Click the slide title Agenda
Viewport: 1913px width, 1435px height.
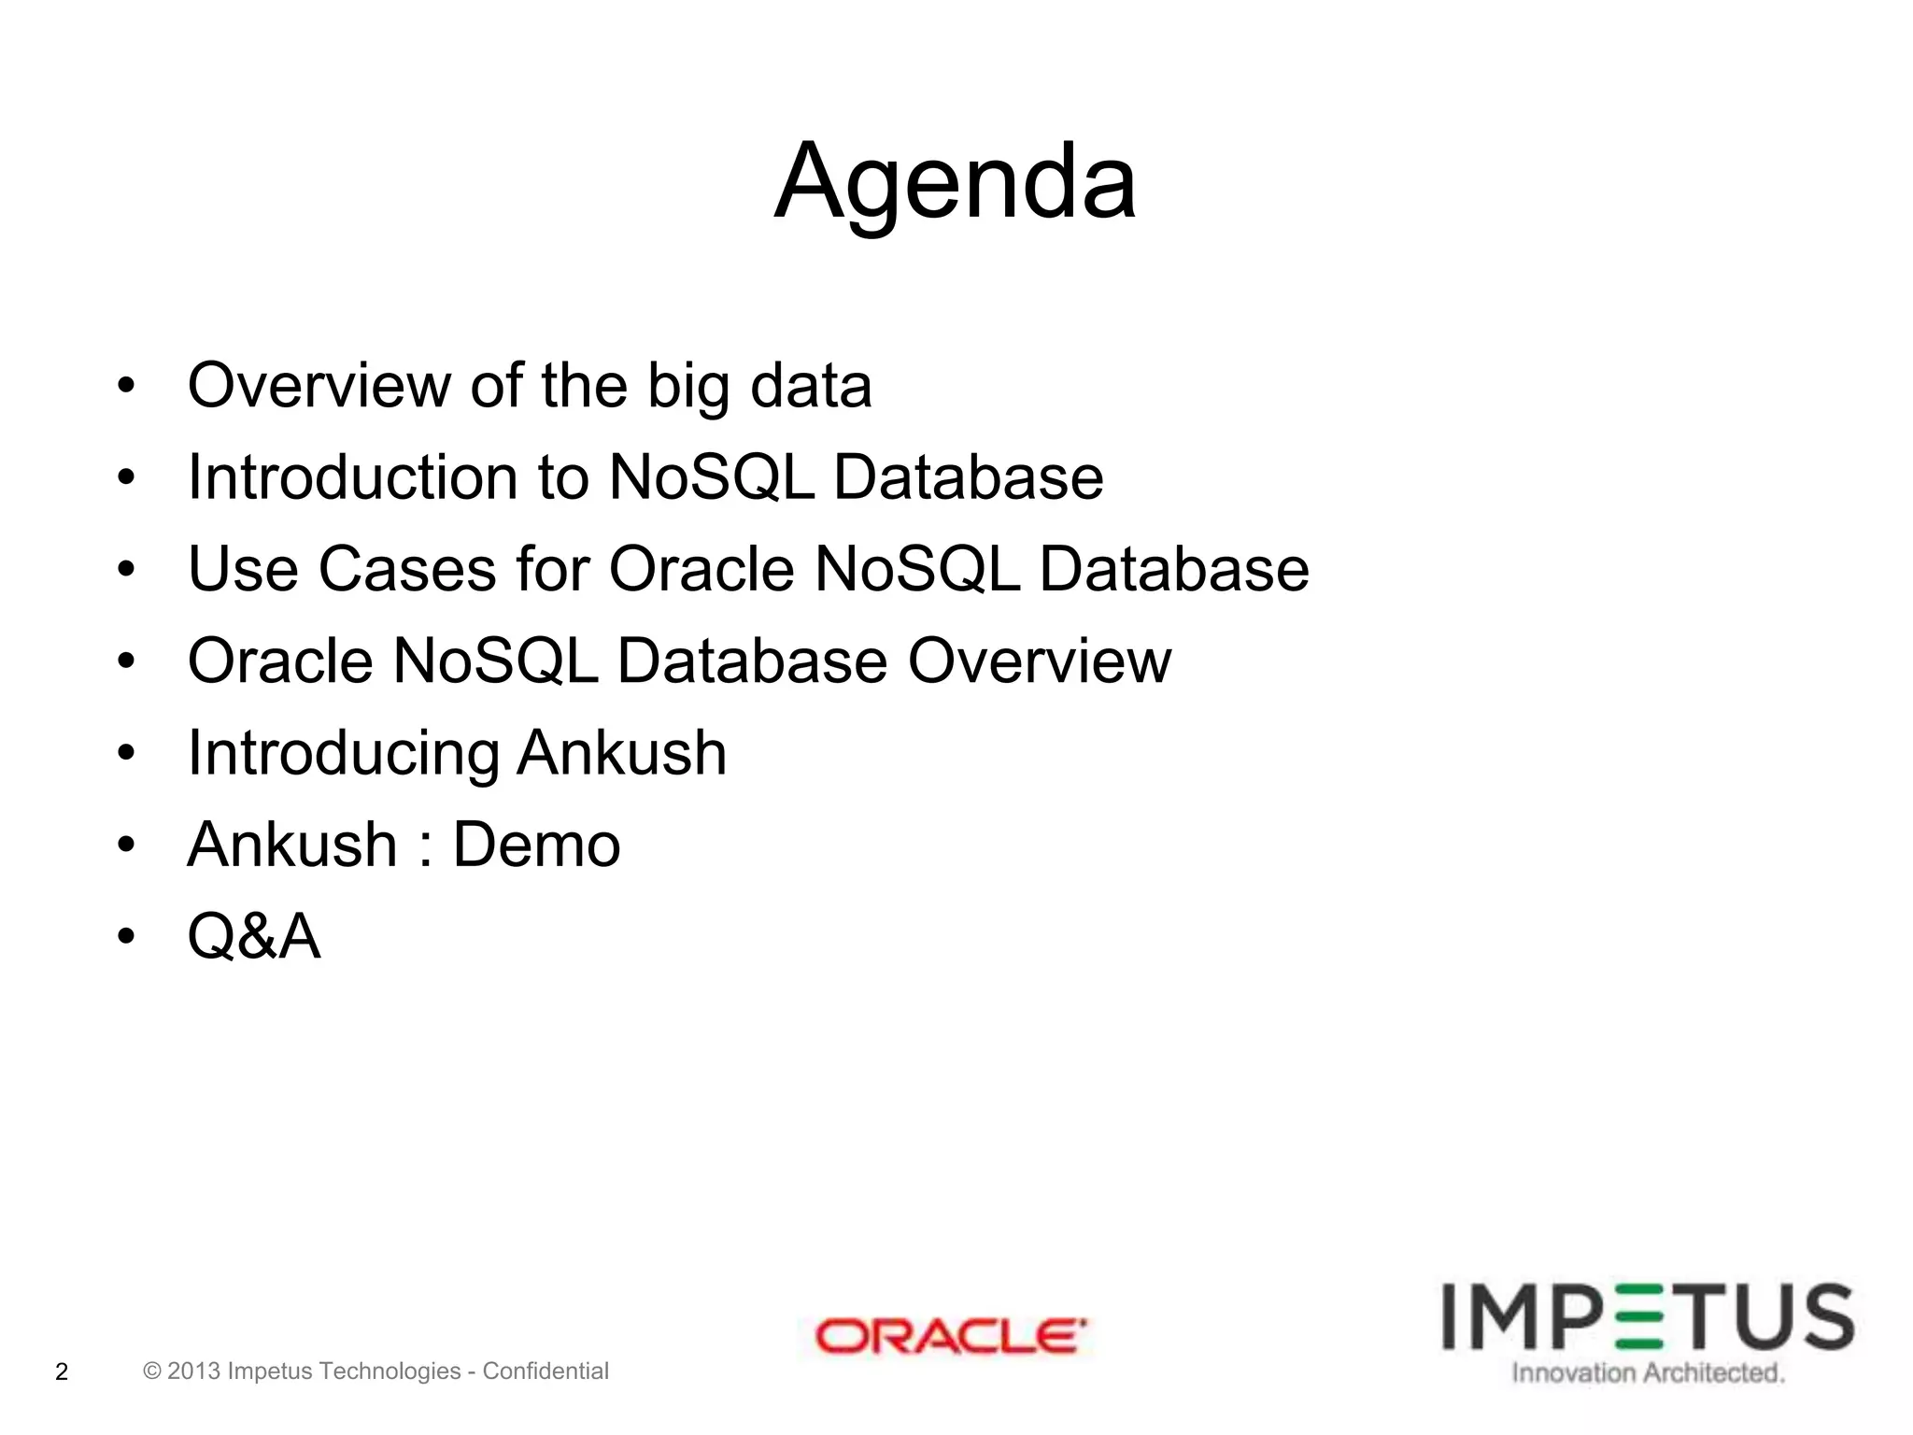[955, 182]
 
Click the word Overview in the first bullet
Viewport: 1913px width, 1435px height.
[318, 386]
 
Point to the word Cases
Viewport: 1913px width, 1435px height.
[407, 569]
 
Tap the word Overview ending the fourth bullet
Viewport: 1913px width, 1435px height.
[1039, 661]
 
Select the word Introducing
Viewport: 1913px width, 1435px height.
[343, 754]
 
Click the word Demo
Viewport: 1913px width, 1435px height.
[536, 845]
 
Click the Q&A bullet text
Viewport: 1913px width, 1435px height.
[254, 936]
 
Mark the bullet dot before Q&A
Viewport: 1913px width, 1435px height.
[126, 936]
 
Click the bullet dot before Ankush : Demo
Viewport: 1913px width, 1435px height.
[126, 845]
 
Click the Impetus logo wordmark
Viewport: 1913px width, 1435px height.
[1648, 1317]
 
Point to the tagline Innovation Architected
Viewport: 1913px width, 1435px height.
[1648, 1372]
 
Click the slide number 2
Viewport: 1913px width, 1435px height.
[62, 1371]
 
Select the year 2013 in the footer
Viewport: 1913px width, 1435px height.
[193, 1371]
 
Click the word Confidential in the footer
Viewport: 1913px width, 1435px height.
[546, 1371]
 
